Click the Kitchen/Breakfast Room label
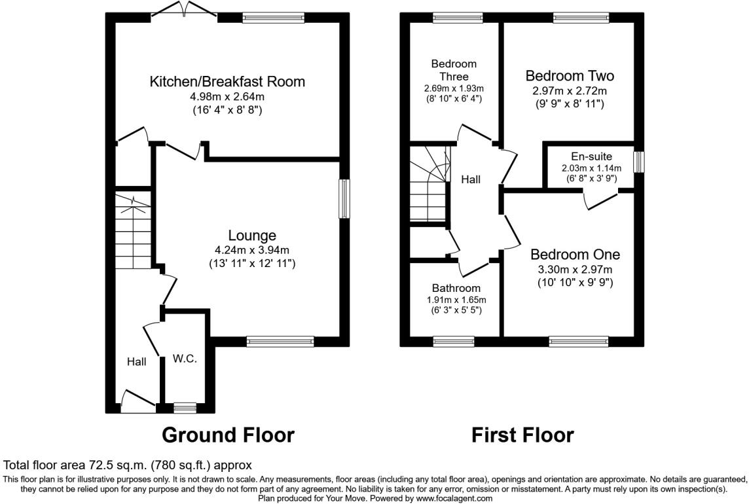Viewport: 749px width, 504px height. coord(227,81)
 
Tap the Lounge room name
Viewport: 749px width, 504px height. coord(252,236)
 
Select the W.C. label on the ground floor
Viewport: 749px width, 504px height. coord(185,359)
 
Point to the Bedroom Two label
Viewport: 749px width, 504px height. coord(570,75)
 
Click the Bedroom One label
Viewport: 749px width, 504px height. coord(575,254)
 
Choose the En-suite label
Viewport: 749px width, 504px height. coord(591,156)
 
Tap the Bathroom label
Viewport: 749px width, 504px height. coord(456,288)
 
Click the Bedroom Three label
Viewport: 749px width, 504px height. coord(454,70)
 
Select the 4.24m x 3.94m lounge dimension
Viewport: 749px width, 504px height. coord(252,250)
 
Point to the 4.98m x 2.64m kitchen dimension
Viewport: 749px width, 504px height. coord(227,96)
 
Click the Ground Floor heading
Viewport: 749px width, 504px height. coord(228,435)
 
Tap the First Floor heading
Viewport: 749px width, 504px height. coord(522,435)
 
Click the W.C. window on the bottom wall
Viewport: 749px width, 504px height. coord(185,408)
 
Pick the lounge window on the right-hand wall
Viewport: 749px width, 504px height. coord(344,199)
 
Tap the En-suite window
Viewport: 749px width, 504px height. coord(638,162)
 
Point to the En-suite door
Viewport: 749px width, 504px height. coord(601,199)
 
